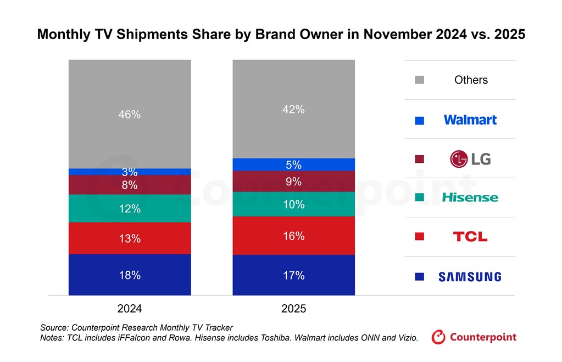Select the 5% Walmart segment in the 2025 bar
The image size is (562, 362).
coord(293,164)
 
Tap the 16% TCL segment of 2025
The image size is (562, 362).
coord(293,235)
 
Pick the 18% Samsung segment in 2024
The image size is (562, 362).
coord(130,275)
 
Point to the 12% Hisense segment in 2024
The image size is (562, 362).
coord(130,209)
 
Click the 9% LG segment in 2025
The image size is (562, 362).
coord(293,182)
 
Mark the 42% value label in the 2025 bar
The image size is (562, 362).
coord(293,109)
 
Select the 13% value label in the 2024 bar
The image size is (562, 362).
coord(130,239)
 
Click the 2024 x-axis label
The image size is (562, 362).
coord(130,309)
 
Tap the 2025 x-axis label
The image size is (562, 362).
coord(293,309)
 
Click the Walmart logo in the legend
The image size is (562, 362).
coord(470,119)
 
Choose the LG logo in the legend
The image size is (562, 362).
coord(470,159)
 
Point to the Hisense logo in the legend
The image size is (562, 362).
coord(470,198)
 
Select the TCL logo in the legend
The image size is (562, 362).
coord(470,237)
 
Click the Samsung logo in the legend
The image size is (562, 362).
coord(470,277)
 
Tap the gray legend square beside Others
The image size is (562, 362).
coord(420,80)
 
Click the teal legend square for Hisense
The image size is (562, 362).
coord(420,198)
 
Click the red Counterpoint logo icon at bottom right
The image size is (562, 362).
coord(438,337)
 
